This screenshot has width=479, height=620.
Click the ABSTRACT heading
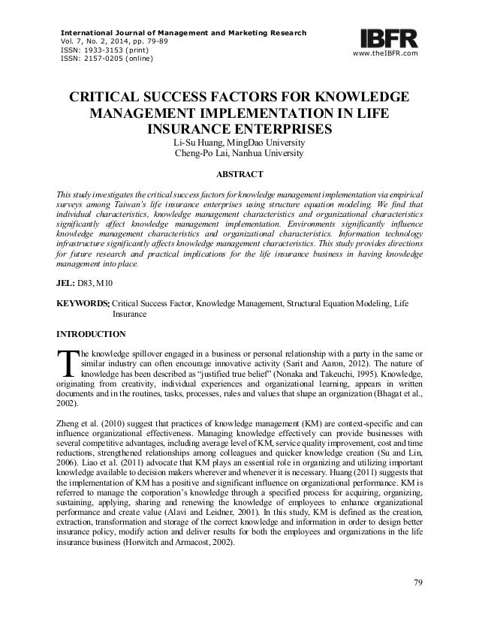click(x=239, y=175)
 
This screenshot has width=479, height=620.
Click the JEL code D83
click(x=93, y=280)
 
